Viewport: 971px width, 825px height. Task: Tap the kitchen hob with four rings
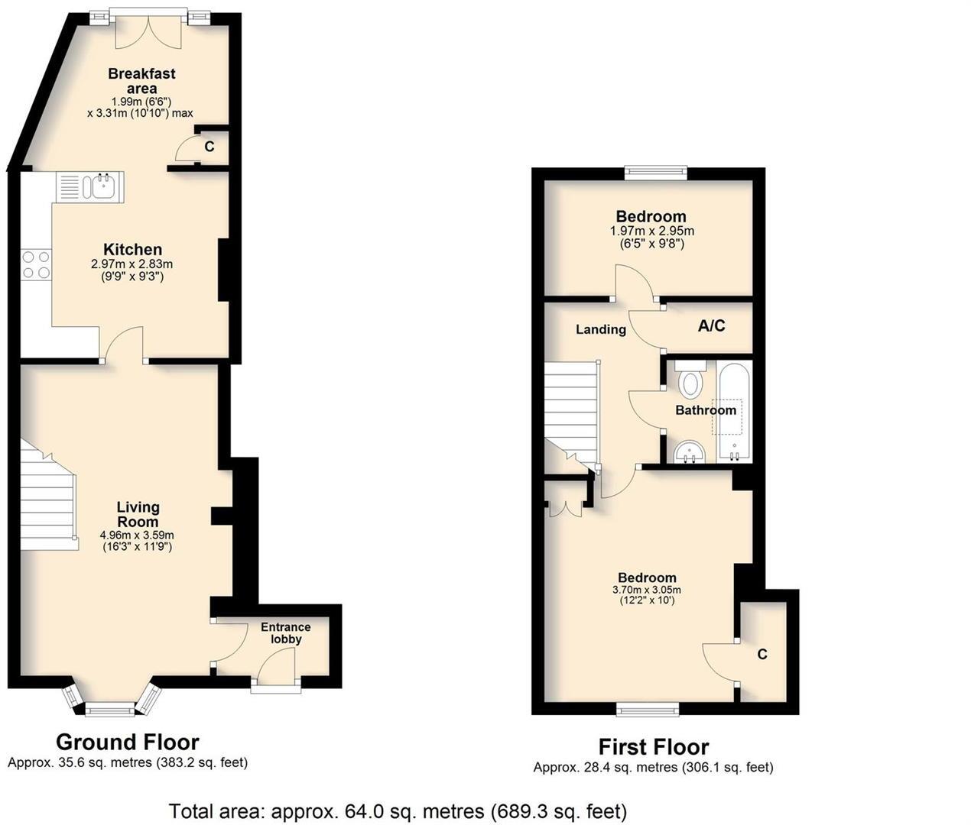(36, 264)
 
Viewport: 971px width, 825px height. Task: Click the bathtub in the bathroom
(735, 413)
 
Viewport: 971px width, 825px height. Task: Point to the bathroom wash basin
(690, 453)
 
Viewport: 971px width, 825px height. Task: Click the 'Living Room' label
(138, 514)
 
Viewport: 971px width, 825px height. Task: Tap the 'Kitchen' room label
(132, 249)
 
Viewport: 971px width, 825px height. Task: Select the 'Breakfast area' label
(141, 81)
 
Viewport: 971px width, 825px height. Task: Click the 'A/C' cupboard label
(711, 326)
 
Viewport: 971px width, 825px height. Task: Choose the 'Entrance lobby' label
(285, 632)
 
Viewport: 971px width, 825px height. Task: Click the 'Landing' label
(600, 329)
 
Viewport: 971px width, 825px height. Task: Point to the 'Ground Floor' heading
(127, 742)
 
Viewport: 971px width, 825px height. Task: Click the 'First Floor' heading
(653, 746)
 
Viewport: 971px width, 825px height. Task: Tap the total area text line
(398, 810)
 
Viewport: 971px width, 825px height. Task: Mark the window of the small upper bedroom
(655, 173)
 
